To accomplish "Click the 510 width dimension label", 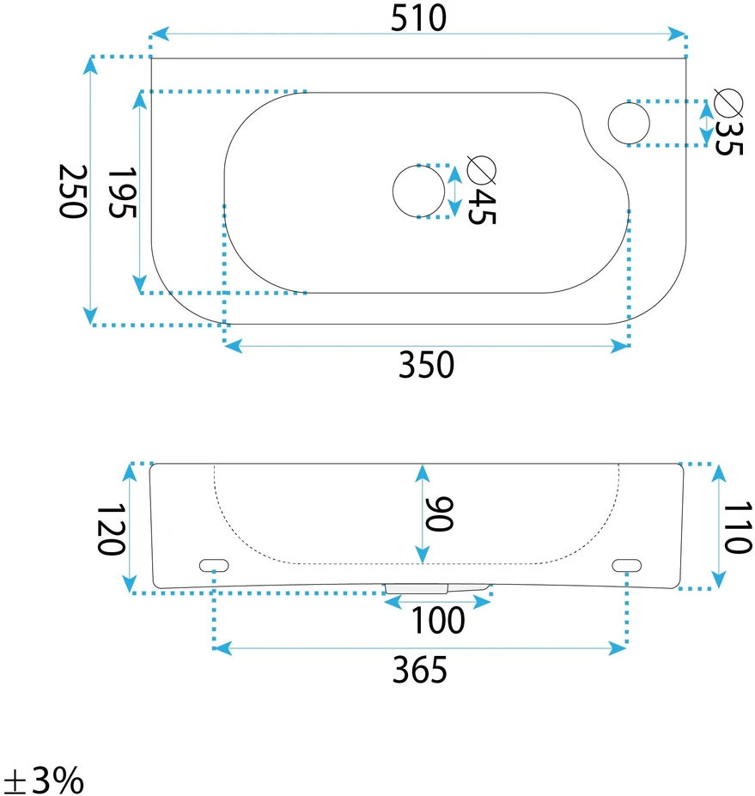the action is coord(418,18).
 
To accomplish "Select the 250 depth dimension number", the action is coord(73,191).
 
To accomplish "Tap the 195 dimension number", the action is coord(122,192).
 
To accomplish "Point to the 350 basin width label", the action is coord(426,364).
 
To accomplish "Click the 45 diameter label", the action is coord(481,207).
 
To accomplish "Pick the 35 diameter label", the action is coord(728,137).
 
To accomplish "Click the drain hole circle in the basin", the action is coord(418,191).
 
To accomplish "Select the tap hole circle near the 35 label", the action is coord(629,124).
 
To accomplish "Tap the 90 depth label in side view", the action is coord(439,514).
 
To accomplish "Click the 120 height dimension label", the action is coord(110,529).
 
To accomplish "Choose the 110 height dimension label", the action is coord(737,527).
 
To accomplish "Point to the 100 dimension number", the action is coord(438,620).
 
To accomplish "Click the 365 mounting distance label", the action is coord(420,670).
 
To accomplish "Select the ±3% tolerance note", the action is coord(44,780).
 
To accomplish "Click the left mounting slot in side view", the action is coord(214,565).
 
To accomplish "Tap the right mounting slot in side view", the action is coord(626,565).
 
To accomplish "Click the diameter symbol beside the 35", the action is coord(728,102).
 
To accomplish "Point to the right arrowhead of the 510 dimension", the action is coord(678,34).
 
